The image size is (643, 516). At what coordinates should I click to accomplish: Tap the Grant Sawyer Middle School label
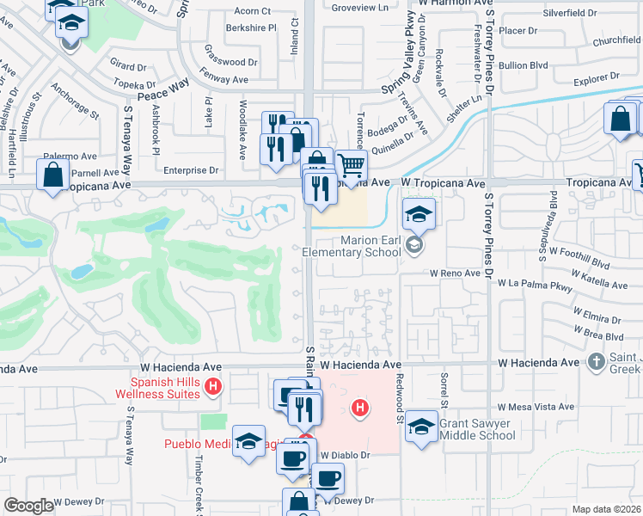(477, 429)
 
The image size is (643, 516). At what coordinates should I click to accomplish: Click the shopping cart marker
(350, 165)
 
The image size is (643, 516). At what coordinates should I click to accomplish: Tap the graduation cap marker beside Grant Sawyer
(421, 427)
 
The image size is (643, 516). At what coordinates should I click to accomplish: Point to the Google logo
(29, 506)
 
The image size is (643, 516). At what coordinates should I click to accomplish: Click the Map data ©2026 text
(606, 509)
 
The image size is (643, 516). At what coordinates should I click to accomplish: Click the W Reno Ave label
(455, 273)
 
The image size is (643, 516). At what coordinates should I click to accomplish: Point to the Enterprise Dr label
(190, 171)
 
